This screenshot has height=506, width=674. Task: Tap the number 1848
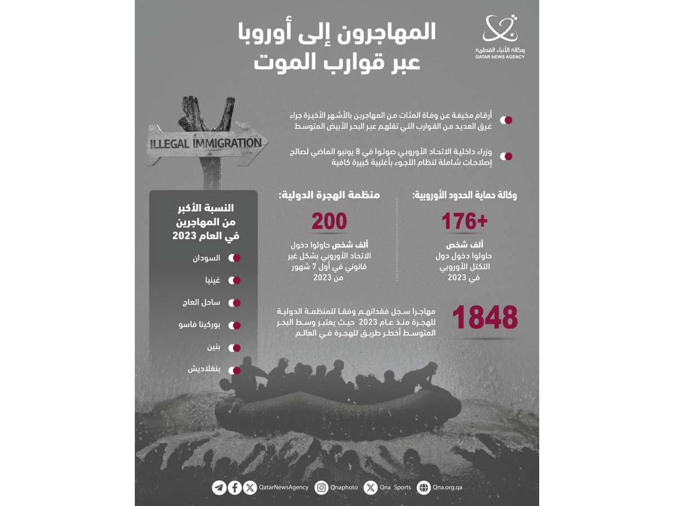click(x=485, y=318)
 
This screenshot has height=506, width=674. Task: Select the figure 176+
click(x=464, y=222)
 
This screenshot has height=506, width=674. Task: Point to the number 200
click(x=329, y=222)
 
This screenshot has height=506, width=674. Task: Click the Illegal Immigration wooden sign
click(x=206, y=143)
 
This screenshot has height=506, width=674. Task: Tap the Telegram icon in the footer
click(x=219, y=487)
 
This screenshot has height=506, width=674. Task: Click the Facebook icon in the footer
click(x=235, y=487)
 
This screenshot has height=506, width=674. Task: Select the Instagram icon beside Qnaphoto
click(x=321, y=487)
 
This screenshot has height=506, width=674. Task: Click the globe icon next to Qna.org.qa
click(x=423, y=487)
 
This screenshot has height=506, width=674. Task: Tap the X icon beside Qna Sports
click(x=370, y=487)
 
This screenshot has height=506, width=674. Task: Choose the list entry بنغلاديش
click(x=204, y=370)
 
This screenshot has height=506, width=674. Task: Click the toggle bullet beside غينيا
click(x=234, y=280)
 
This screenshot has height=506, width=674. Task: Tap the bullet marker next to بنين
click(x=234, y=347)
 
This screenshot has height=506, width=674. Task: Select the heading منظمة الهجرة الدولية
click(x=329, y=195)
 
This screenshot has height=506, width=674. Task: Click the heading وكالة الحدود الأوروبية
click(x=465, y=195)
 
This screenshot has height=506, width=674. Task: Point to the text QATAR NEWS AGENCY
click(x=499, y=57)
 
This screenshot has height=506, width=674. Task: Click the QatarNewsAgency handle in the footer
click(x=283, y=487)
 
